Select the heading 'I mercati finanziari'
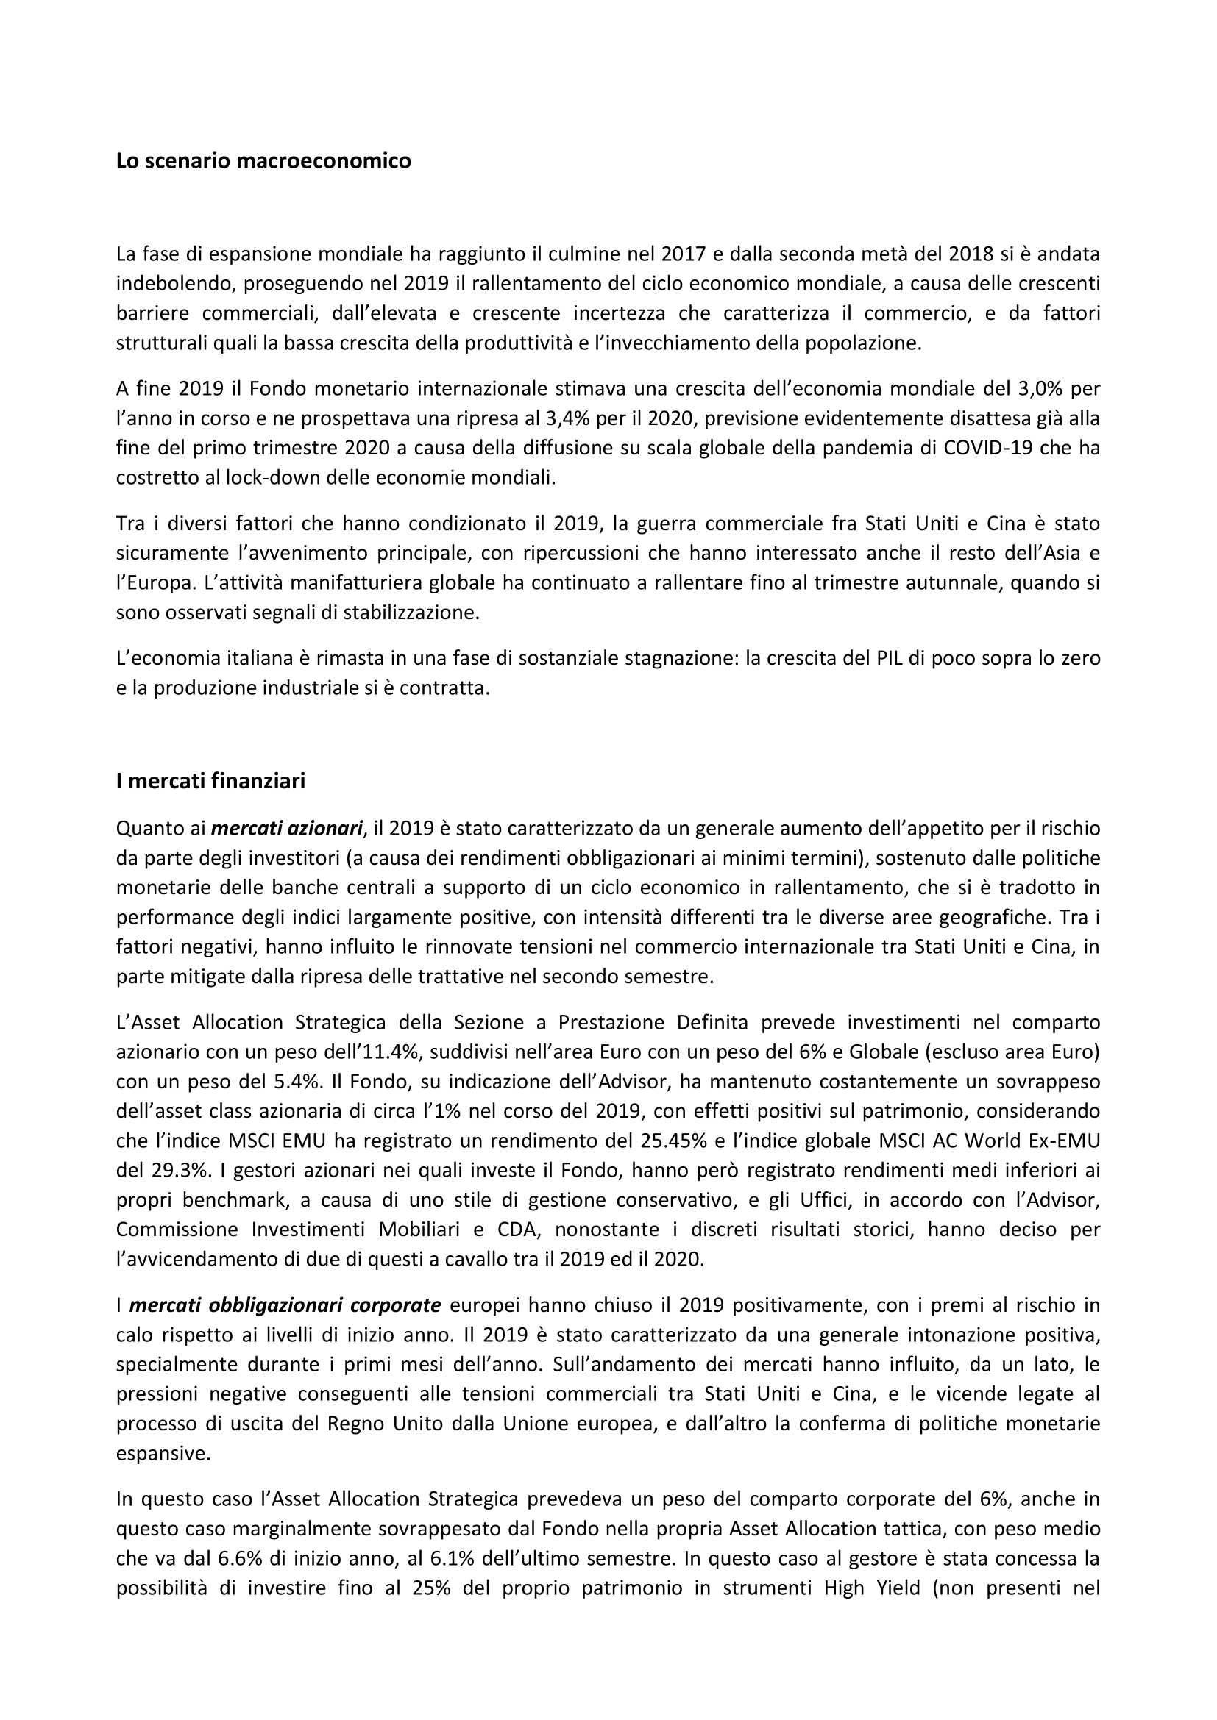pyautogui.click(x=210, y=782)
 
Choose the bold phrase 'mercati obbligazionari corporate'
pyautogui.click(x=285, y=1305)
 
